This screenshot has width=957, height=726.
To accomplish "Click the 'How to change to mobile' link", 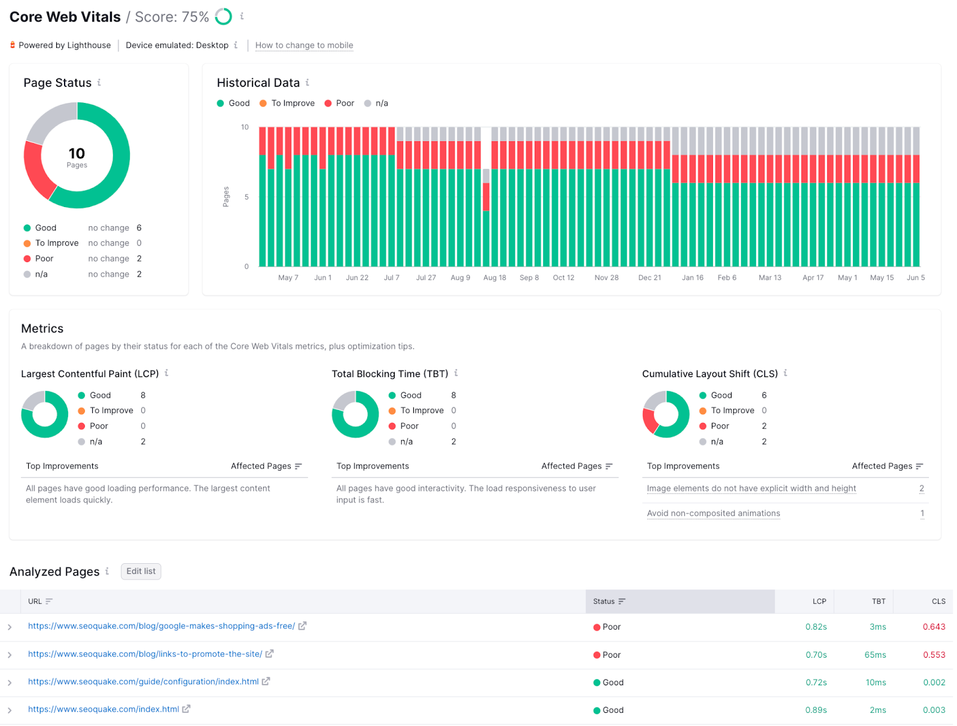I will (x=304, y=45).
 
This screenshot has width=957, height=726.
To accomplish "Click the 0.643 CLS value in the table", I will (x=934, y=627).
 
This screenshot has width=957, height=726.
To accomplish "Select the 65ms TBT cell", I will (x=875, y=655).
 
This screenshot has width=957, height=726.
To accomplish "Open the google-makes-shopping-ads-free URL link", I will (x=161, y=626).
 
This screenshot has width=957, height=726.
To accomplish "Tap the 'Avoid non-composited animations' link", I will (x=713, y=514).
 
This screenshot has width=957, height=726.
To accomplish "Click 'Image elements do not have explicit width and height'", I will (x=751, y=488).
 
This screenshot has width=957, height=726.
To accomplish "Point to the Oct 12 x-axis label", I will (x=563, y=278).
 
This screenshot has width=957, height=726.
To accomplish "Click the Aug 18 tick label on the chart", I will (x=495, y=278).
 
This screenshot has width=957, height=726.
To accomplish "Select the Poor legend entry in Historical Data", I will (x=339, y=104).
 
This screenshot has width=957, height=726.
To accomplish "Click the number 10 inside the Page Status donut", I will (x=77, y=153).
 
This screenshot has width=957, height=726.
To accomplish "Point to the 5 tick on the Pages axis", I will (x=246, y=197).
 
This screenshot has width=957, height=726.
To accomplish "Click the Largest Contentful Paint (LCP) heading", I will (x=90, y=374).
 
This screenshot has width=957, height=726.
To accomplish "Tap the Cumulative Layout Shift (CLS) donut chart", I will (x=666, y=414).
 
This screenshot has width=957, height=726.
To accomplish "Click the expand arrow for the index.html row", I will (x=10, y=710).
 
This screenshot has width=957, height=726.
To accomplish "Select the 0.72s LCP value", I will (x=816, y=682).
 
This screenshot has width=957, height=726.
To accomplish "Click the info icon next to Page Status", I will (x=99, y=83).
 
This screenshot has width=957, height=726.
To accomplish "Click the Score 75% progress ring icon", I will (x=224, y=17).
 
